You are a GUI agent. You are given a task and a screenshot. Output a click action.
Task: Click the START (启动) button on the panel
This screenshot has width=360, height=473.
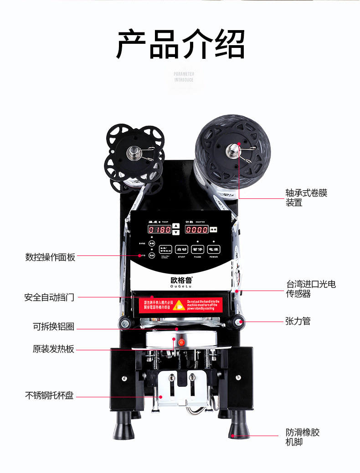click(181, 249)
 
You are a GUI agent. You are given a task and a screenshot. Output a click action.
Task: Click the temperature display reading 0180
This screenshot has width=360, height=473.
click(159, 229)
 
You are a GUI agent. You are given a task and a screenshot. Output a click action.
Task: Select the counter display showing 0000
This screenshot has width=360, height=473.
click(197, 229)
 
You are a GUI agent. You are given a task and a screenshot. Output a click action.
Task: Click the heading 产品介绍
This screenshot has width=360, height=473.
click(180, 44)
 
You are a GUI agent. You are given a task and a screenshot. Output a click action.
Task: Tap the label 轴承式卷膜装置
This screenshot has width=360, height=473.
click(306, 198)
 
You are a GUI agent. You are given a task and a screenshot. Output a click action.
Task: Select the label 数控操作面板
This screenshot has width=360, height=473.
click(50, 257)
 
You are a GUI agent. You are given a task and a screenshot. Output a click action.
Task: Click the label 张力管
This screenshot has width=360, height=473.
click(298, 321)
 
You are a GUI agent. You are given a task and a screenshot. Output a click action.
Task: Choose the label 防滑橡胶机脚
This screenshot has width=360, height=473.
click(303, 437)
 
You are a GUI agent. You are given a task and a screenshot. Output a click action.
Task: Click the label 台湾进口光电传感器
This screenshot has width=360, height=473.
click(311, 289)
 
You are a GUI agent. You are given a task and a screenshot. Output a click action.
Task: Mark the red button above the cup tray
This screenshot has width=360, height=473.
click(181, 342)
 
